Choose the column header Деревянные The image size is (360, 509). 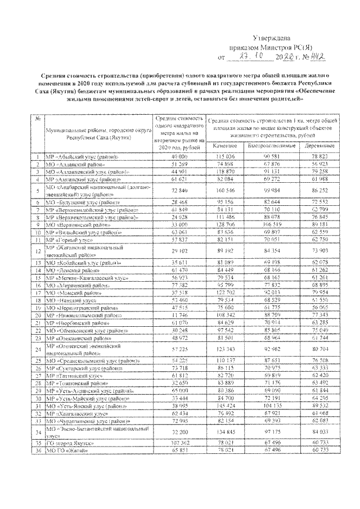pyautogui.click(x=311, y=145)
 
